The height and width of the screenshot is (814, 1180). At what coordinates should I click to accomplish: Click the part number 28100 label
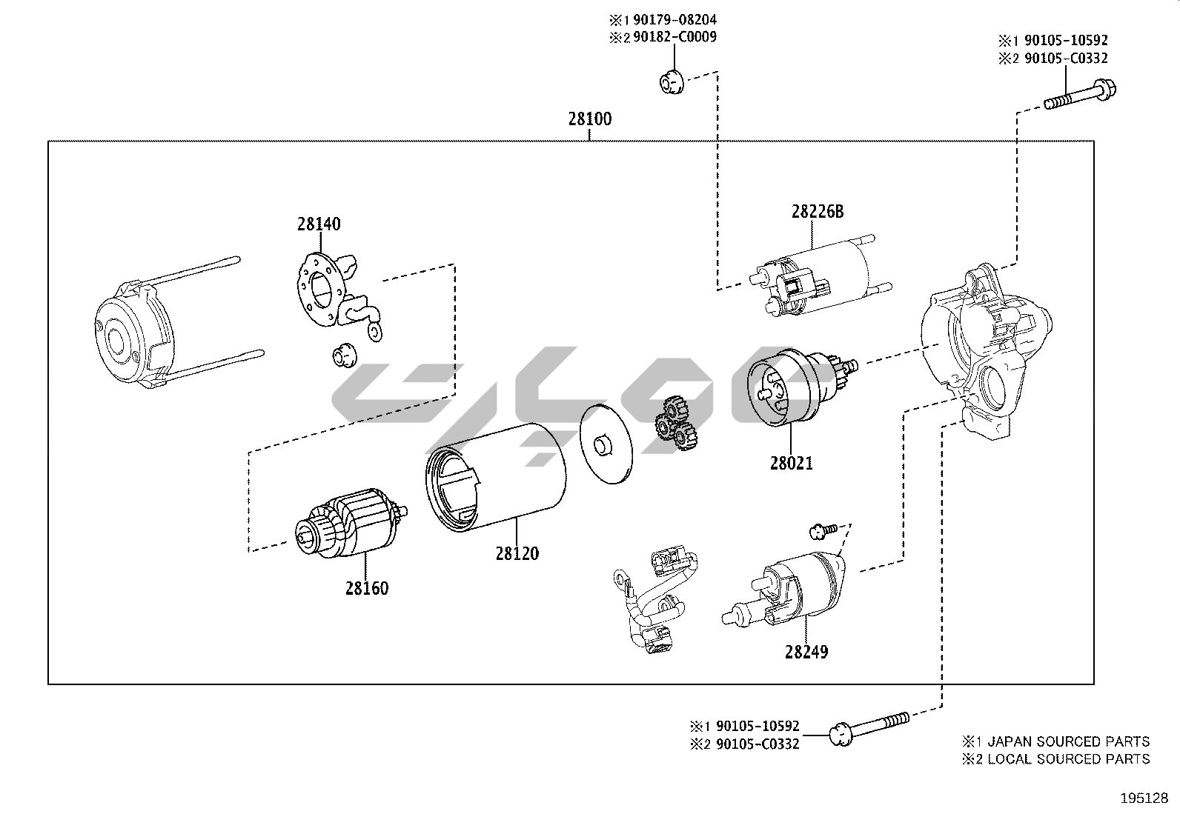pyautogui.click(x=590, y=119)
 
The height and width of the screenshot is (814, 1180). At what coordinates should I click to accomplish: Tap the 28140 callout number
pyautogui.click(x=319, y=223)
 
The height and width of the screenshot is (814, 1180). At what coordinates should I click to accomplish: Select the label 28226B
pyautogui.click(x=817, y=212)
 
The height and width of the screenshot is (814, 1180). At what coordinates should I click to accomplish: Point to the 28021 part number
pyautogui.click(x=791, y=464)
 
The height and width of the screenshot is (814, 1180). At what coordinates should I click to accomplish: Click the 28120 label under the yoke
pyautogui.click(x=517, y=553)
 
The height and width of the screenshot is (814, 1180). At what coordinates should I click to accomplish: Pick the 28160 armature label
pyautogui.click(x=366, y=588)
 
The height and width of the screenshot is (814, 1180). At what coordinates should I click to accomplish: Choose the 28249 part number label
pyautogui.click(x=806, y=652)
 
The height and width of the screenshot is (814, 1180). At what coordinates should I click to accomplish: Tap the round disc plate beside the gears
pyautogui.click(x=606, y=444)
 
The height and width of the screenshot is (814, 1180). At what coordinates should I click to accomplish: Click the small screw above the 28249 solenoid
pyautogui.click(x=822, y=529)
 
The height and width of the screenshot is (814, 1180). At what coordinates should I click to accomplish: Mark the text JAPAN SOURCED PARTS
pyautogui.click(x=1068, y=741)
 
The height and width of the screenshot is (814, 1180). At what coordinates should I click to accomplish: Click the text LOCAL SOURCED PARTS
pyautogui.click(x=1068, y=759)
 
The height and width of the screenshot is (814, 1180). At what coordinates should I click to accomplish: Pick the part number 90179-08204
pyautogui.click(x=674, y=20)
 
